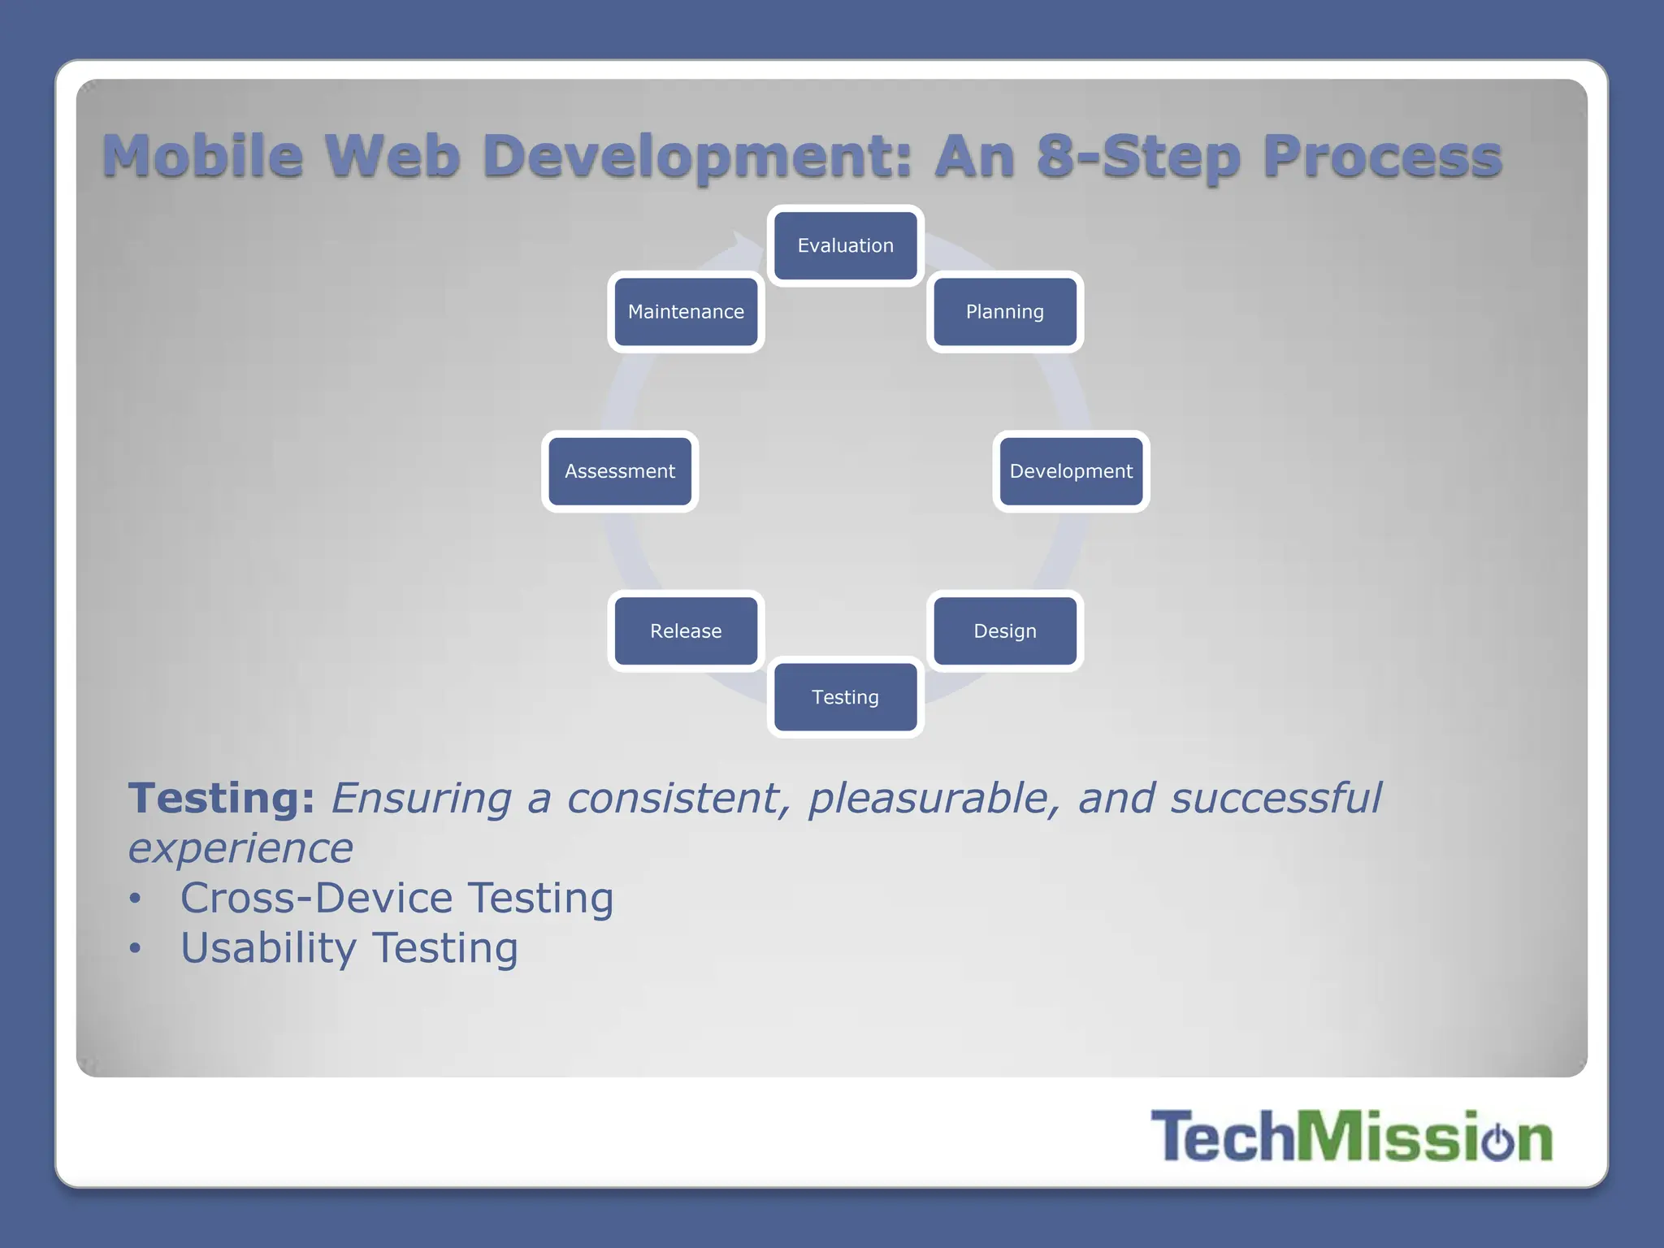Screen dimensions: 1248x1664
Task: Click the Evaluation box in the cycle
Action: (x=845, y=245)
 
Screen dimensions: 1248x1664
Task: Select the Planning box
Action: (x=1005, y=312)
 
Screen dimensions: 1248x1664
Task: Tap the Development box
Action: (x=1071, y=471)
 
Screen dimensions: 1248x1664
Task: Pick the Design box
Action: (x=1005, y=631)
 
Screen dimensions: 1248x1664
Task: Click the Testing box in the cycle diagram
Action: (x=845, y=697)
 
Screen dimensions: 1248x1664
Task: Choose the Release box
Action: (x=686, y=631)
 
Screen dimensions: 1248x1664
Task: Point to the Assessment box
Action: (x=620, y=471)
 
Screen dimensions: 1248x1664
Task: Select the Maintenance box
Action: (x=686, y=312)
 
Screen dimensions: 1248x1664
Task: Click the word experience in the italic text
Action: (x=240, y=848)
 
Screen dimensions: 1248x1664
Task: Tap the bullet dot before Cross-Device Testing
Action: (x=135, y=899)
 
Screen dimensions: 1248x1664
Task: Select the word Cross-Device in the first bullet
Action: (x=316, y=899)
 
